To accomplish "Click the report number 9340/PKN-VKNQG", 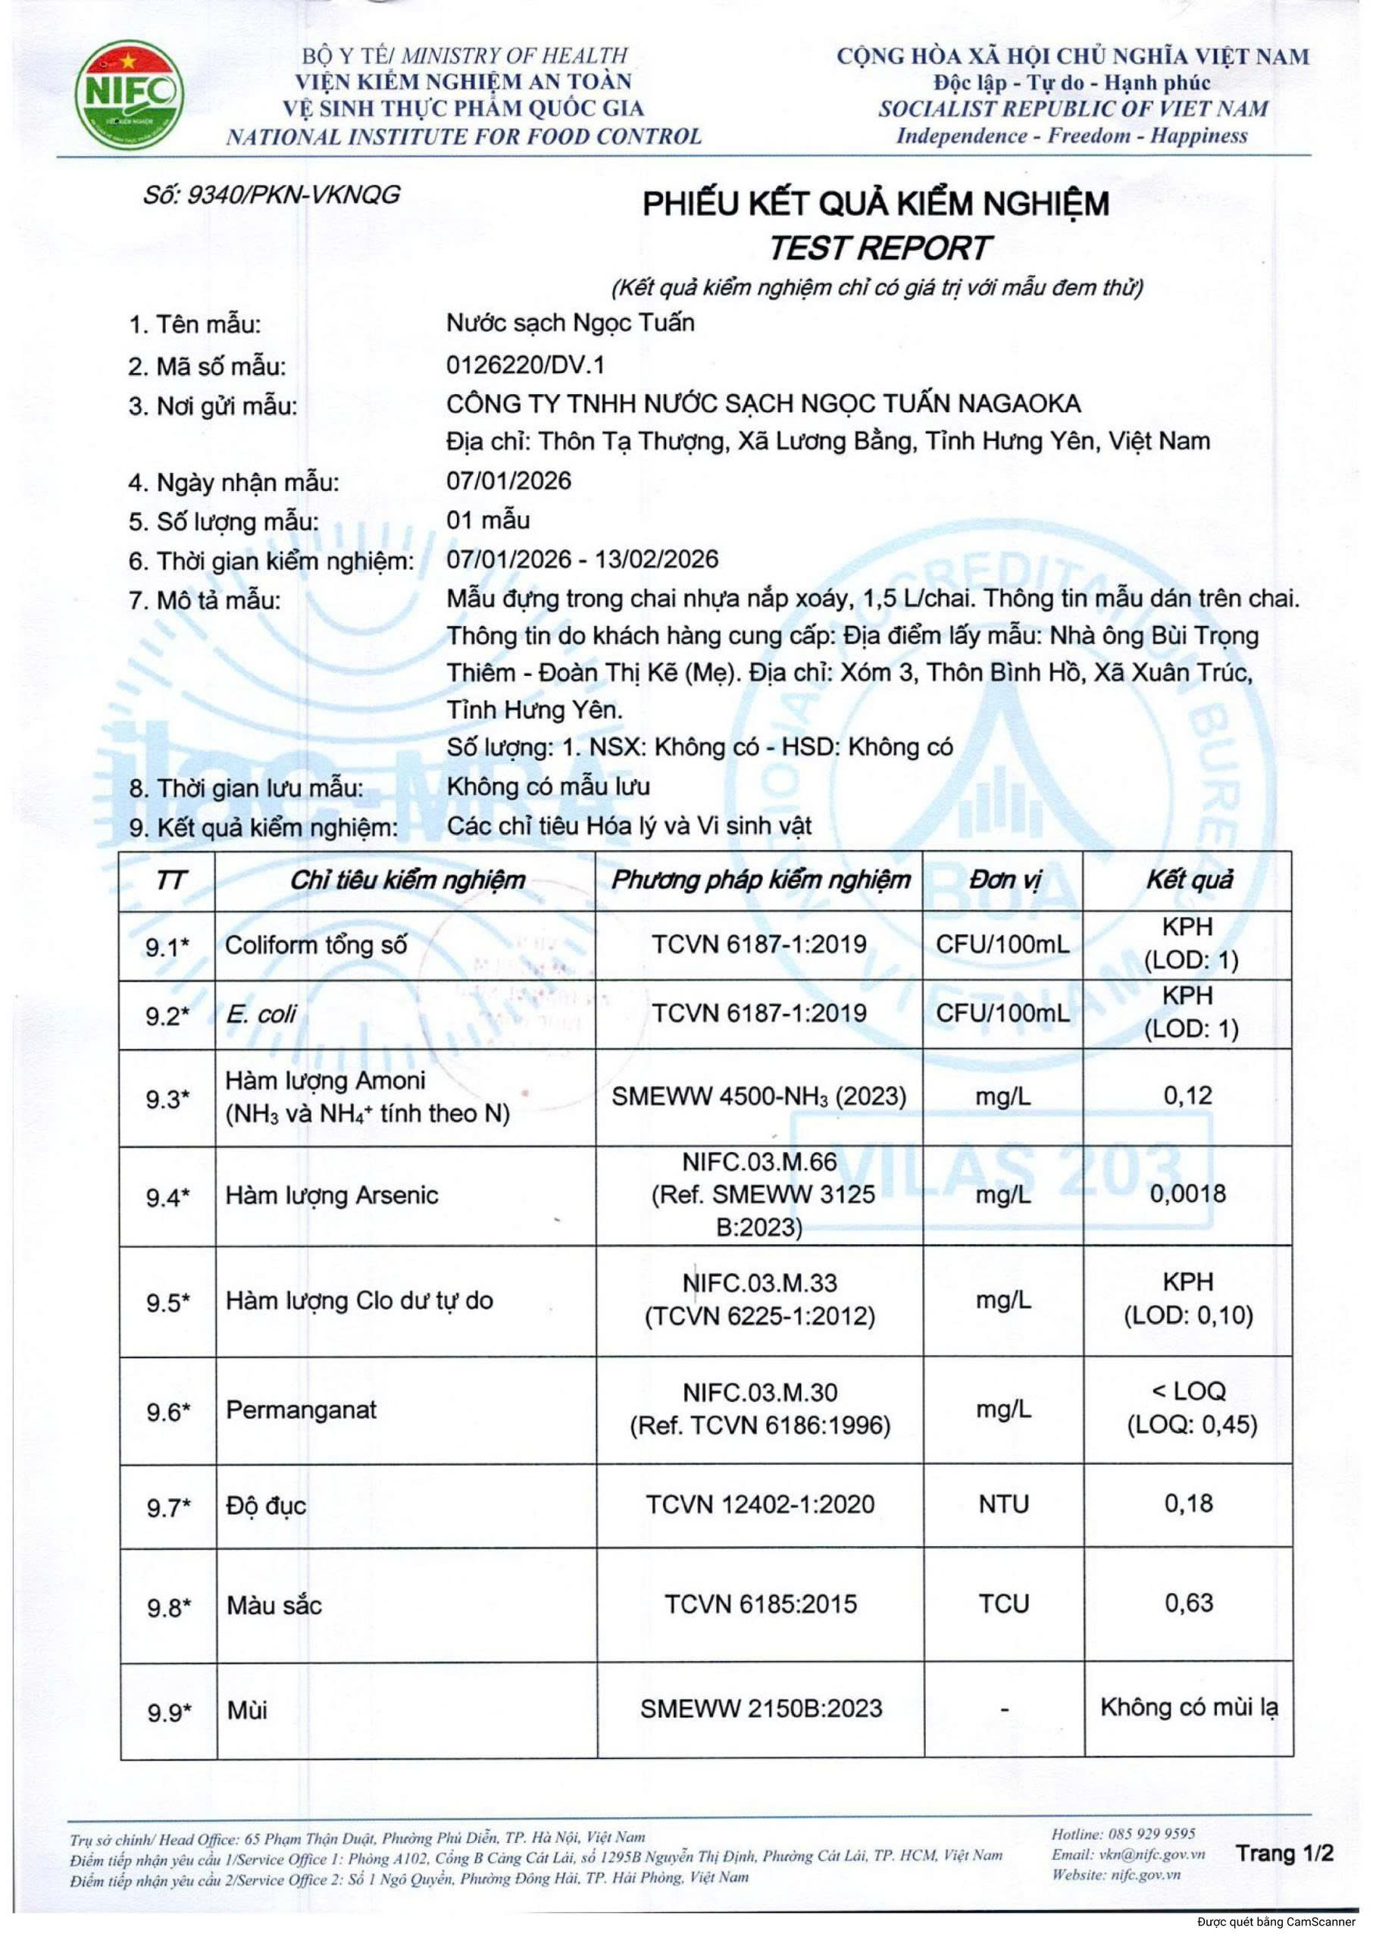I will click(271, 196).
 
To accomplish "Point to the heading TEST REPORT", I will click(877, 248).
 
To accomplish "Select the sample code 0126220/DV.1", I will click(526, 365).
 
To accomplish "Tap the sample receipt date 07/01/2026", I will click(509, 481).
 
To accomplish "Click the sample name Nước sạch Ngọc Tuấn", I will click(570, 323).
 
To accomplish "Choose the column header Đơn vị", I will click(1003, 880).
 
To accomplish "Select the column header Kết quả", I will click(1188, 880).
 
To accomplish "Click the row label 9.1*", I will click(167, 947).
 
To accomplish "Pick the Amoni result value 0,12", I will click(1188, 1097).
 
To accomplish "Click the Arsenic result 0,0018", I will click(1188, 1194).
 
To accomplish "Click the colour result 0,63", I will click(1188, 1604).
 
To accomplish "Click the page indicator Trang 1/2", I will click(1284, 1854).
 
